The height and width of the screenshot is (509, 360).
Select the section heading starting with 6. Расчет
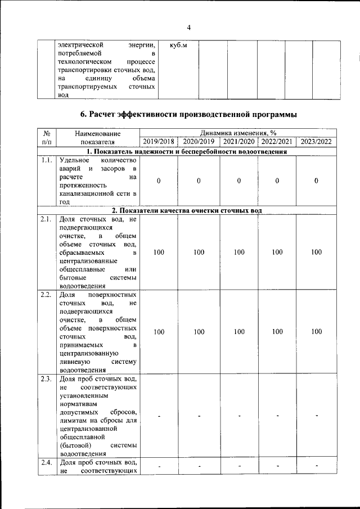tap(189, 115)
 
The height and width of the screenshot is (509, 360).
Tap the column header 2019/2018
tap(159, 142)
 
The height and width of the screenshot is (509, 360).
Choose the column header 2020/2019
tap(199, 142)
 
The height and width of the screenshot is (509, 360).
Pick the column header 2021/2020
tap(238, 142)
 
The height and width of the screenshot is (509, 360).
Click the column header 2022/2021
tap(277, 142)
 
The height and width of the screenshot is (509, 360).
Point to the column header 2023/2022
tap(317, 142)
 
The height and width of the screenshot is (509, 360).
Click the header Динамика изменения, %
tap(238, 133)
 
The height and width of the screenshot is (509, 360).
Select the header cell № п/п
tap(47, 138)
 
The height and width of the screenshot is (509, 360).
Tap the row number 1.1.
tap(47, 160)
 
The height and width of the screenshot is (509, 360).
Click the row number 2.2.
tap(47, 295)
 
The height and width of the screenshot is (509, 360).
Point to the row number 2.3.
tap(47, 379)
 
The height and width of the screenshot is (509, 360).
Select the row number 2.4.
tap(47, 463)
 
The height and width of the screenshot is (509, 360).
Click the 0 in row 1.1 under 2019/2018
tap(159, 181)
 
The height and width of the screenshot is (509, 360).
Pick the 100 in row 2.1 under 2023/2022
tap(317, 253)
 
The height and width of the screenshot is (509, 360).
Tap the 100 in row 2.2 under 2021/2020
tap(238, 332)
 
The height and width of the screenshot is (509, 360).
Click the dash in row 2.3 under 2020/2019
tap(199, 416)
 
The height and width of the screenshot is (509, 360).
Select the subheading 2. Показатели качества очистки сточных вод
tap(186, 210)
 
